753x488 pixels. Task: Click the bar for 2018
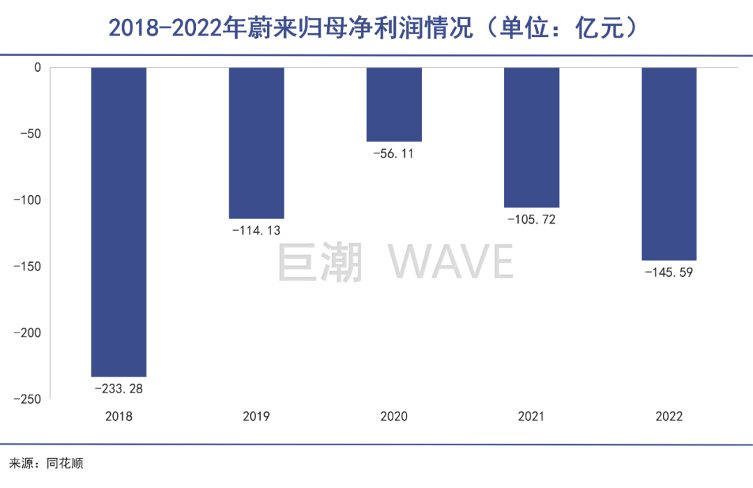119,222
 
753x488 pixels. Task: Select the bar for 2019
256,143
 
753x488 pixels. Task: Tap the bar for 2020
394,105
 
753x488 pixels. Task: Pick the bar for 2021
531,137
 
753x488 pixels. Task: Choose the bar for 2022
669,164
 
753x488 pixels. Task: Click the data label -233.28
119,388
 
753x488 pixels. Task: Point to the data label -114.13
256,231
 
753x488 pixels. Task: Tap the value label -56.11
394,153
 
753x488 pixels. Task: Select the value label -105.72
531,220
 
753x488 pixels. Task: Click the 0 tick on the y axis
38,68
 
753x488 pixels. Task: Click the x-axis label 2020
394,417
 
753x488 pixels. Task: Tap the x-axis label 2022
669,417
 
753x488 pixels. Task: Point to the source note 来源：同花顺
46,464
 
